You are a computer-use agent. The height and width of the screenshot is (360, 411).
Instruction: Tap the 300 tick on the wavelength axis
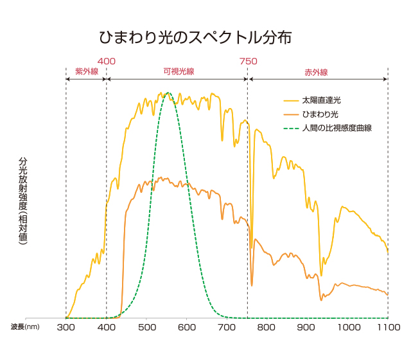coord(66,327)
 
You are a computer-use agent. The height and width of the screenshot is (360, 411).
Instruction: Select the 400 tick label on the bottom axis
coord(107,327)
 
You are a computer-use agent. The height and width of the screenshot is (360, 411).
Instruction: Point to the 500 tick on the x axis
coord(147,327)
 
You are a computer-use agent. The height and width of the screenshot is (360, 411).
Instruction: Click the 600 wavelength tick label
coord(187,327)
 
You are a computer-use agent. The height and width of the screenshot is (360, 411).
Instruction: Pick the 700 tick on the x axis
coord(227,327)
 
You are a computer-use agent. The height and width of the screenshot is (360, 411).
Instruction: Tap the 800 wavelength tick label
coord(268,327)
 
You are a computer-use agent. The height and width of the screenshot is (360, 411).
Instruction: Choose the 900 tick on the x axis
coord(308,327)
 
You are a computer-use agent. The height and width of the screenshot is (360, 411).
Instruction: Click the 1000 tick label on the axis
coord(348,327)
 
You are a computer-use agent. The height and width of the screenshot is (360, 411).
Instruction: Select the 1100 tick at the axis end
coord(387,327)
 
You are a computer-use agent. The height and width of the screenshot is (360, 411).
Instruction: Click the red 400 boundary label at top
coord(107,61)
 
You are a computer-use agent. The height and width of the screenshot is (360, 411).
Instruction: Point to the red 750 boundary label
coord(248,61)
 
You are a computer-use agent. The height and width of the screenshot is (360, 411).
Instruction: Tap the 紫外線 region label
coord(87,71)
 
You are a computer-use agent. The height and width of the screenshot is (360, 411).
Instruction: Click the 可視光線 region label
coord(177,71)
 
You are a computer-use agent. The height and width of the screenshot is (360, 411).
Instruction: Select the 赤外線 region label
coord(316,71)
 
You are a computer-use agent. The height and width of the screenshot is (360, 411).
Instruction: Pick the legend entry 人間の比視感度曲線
coord(337,127)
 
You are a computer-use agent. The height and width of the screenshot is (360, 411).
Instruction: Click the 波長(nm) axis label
coord(25,327)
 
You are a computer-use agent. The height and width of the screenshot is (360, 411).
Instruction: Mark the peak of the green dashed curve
coord(168,93)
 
